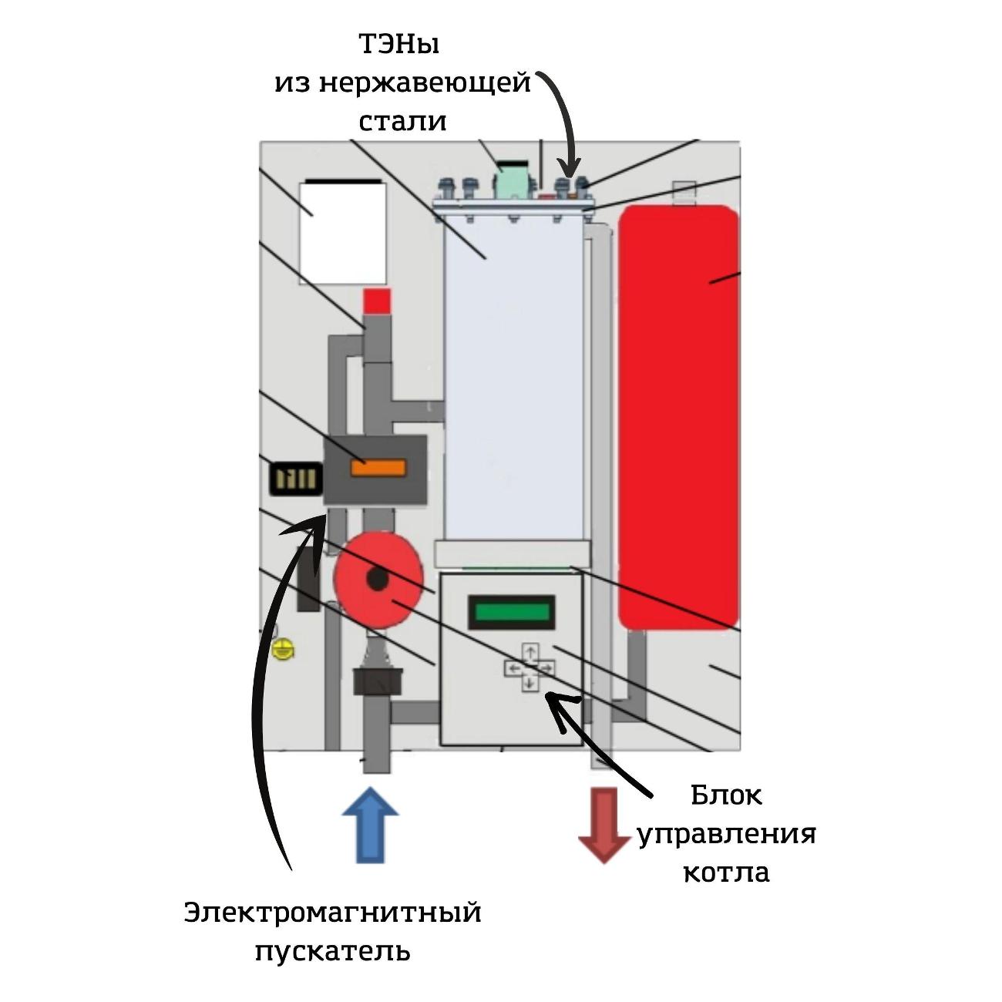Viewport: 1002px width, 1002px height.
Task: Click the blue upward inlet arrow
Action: pyautogui.click(x=370, y=825)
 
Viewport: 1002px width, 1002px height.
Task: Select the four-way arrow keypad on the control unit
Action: pyautogui.click(x=530, y=667)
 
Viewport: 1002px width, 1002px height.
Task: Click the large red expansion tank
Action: pyautogui.click(x=678, y=416)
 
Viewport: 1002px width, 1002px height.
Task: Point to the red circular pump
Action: pyautogui.click(x=378, y=578)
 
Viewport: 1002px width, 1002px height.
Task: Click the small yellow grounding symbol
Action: pyautogui.click(x=284, y=649)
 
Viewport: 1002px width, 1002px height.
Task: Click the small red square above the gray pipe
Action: pyautogui.click(x=377, y=301)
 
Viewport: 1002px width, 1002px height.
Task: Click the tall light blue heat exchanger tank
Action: pyautogui.click(x=513, y=378)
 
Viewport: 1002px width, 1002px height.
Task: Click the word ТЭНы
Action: pyautogui.click(x=398, y=45)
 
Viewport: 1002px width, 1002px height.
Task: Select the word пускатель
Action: pyautogui.click(x=333, y=952)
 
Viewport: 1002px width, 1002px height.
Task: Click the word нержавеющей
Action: pyautogui.click(x=425, y=82)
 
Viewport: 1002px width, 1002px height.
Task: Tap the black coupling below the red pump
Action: pyautogui.click(x=378, y=681)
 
